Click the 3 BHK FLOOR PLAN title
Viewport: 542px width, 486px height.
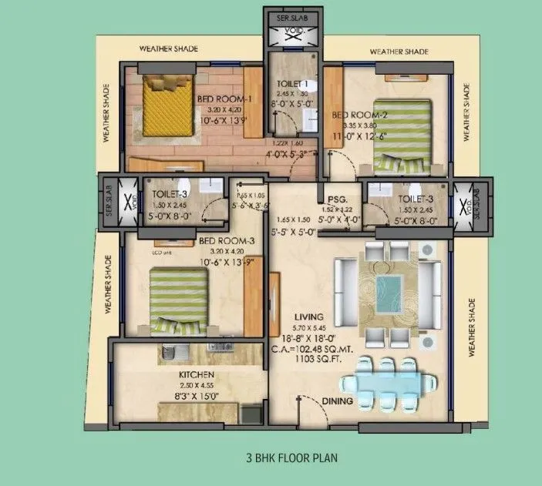[x=292, y=456]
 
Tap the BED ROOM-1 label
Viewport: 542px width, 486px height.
[x=224, y=99]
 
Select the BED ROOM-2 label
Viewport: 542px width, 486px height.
[x=359, y=115]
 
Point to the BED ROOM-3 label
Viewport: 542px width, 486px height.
[x=227, y=241]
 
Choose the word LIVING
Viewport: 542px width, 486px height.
[x=317, y=317]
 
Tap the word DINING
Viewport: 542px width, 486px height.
[x=337, y=401]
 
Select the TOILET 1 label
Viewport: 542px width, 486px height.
[x=292, y=84]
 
